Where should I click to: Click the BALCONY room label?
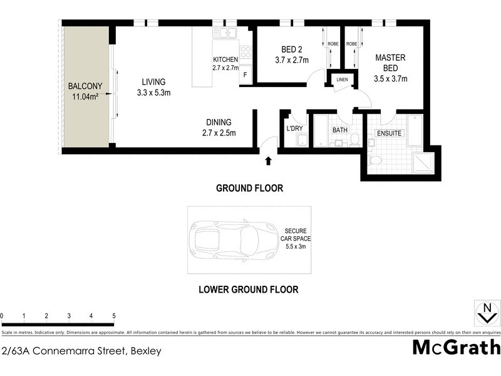86,91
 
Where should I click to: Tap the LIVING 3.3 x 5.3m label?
153,87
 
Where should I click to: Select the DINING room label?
219,128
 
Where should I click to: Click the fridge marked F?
245,76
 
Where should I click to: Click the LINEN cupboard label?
342,80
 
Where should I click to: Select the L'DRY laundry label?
294,129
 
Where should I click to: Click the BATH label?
340,130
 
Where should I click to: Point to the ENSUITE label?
389,133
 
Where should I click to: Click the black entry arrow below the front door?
269,162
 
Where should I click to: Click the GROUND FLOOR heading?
249,188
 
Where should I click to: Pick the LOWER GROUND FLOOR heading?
248,290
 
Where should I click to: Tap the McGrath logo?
456,347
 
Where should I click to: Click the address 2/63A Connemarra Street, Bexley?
81,351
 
